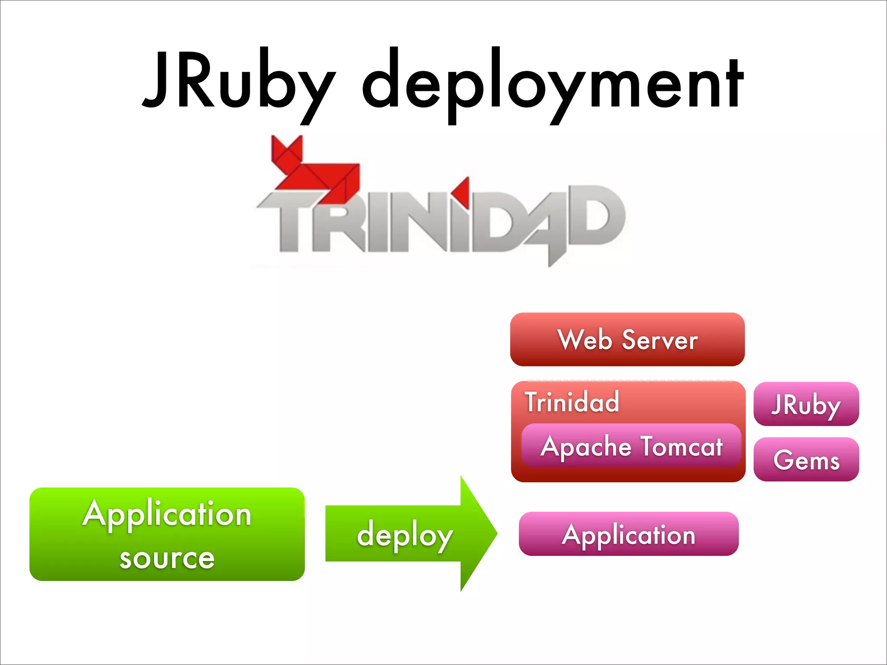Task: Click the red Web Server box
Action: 627,339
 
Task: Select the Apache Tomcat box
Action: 631,446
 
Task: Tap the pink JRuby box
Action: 806,404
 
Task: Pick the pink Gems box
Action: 806,459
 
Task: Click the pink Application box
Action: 628,534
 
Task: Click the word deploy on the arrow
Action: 405,535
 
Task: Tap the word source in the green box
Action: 167,558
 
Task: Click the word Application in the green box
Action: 167,514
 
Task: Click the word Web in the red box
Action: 585,340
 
